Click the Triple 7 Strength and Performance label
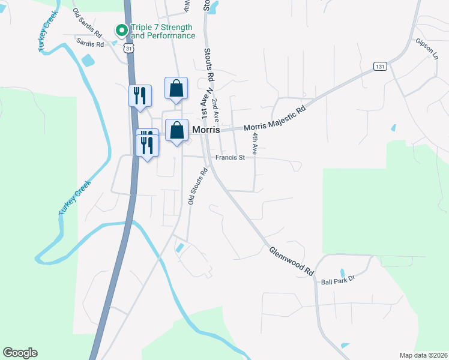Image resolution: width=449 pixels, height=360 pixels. point(163,32)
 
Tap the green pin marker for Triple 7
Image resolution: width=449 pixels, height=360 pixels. point(121,29)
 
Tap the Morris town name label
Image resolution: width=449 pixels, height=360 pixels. point(206,130)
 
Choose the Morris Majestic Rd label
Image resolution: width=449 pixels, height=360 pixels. point(274,119)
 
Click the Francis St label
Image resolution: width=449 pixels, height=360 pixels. point(231,158)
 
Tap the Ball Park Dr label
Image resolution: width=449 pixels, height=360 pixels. point(339,280)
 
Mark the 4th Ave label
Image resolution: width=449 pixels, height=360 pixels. point(255,145)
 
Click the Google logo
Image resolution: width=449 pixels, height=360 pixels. point(20,353)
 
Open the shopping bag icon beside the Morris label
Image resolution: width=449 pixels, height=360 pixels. point(176,130)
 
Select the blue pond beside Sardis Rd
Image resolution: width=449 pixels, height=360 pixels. point(88,60)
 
